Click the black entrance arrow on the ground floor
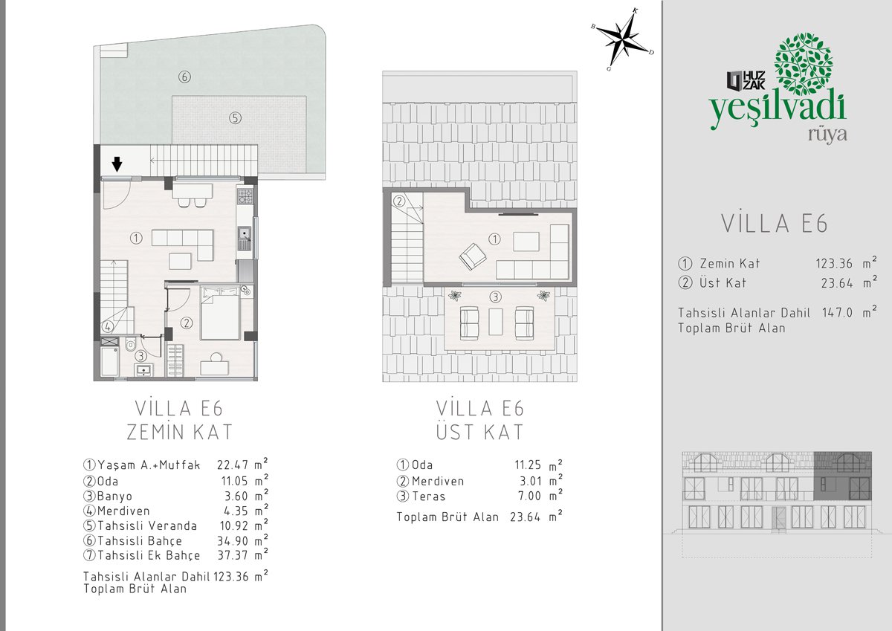click(x=117, y=164)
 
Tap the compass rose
click(x=622, y=39)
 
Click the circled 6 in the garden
click(x=184, y=77)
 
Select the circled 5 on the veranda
click(x=236, y=118)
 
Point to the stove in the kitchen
click(x=245, y=196)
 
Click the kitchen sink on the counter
click(x=245, y=238)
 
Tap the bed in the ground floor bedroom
click(x=220, y=314)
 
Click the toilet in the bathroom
click(x=131, y=343)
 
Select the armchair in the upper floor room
click(x=472, y=256)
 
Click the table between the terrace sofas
click(x=496, y=322)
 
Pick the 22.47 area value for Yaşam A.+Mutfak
click(x=233, y=465)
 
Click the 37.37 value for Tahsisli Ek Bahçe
click(x=233, y=555)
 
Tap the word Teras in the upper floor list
click(x=428, y=496)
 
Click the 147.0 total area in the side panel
click(x=838, y=312)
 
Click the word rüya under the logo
click(x=827, y=135)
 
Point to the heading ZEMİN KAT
click(x=179, y=432)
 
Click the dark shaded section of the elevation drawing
click(x=843, y=476)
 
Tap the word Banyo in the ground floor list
click(x=114, y=496)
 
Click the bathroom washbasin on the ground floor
click(x=143, y=370)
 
